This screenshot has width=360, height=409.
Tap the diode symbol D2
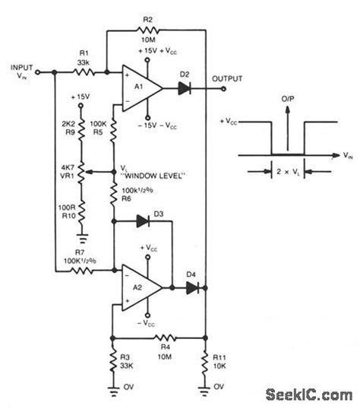[x=185, y=87]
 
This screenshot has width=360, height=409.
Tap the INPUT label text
[x=22, y=67]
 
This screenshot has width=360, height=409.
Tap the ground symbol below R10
[x=81, y=237]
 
